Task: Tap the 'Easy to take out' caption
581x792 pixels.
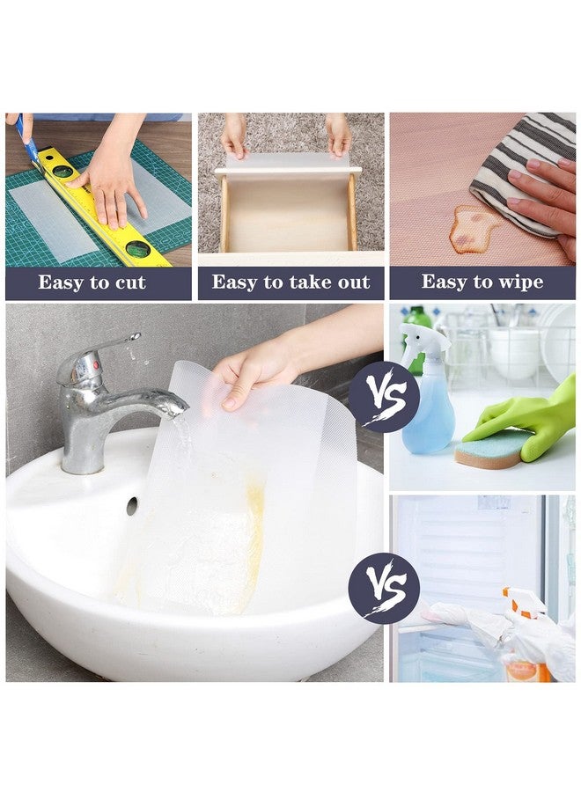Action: (x=290, y=282)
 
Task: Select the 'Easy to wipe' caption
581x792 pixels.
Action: (x=482, y=282)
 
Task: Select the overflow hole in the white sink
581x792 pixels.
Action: (x=132, y=505)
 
